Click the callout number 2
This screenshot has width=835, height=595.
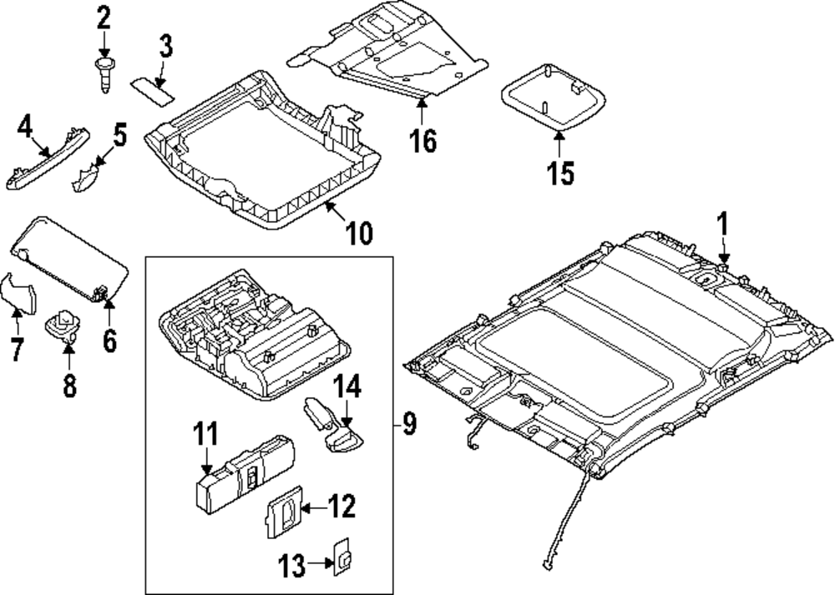104,17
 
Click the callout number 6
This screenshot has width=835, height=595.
110,340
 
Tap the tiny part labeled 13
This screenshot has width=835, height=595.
342,557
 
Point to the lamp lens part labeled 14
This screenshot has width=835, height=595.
334,426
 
